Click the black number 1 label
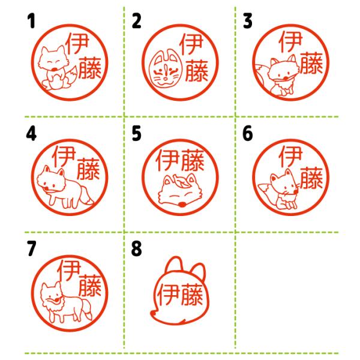click(x=31, y=21)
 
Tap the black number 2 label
click(x=136, y=21)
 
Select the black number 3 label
click(x=248, y=21)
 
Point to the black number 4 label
click(x=31, y=134)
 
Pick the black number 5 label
click(x=136, y=134)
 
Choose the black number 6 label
click(x=248, y=134)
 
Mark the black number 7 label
click(x=31, y=248)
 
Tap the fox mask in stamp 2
click(x=166, y=69)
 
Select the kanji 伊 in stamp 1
click(x=77, y=44)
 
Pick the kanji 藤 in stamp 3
click(x=311, y=62)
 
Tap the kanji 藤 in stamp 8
click(x=191, y=295)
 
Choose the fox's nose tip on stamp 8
click(x=152, y=313)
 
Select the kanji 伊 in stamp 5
click(x=167, y=160)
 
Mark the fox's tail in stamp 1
click(x=71, y=76)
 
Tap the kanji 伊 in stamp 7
click(x=69, y=271)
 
